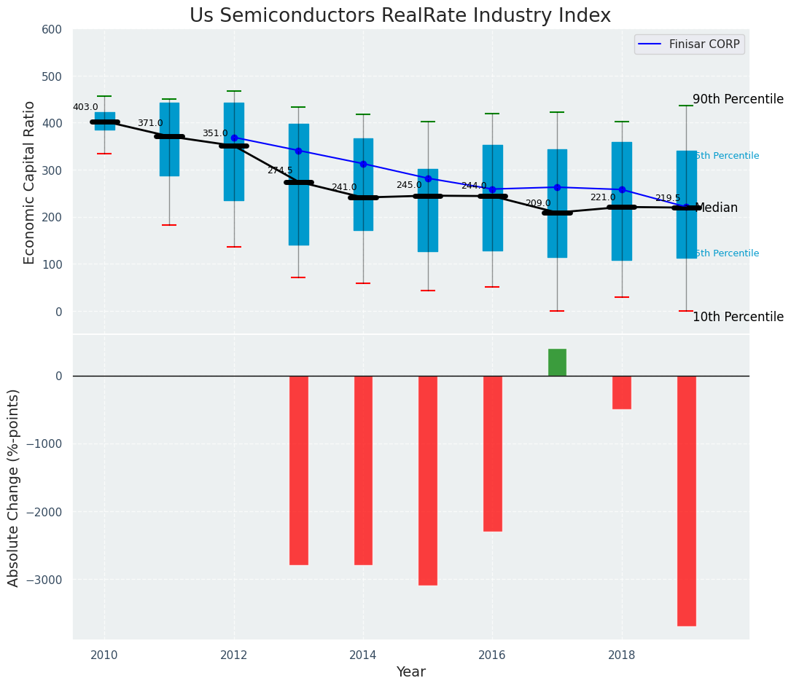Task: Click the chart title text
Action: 400,16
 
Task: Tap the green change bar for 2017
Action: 557,363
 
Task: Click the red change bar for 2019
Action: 686,500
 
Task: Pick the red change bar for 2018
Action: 622,393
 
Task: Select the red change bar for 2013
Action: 298,470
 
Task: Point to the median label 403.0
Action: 85,107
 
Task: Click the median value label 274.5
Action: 279,170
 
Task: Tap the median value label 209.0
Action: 538,203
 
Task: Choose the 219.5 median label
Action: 667,198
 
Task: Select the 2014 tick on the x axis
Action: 363,655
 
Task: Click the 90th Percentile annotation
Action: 738,100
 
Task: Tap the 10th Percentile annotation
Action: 738,317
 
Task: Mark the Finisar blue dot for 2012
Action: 234,138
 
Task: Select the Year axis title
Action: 410,672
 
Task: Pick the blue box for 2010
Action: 104,121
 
